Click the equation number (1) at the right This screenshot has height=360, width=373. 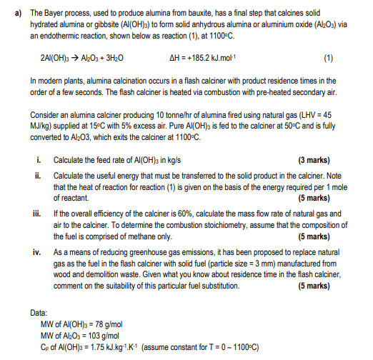[328, 56]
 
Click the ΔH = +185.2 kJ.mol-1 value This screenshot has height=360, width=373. [197, 56]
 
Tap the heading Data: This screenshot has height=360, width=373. [39, 312]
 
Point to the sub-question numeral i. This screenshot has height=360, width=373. [36, 159]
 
